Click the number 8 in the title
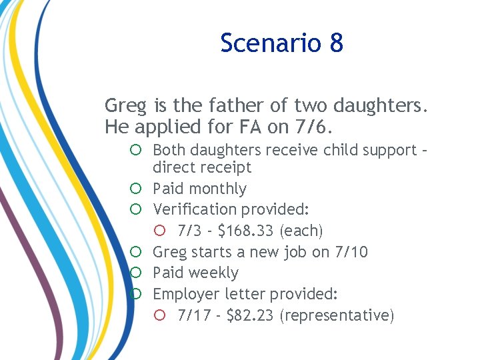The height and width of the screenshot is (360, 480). coord(336,43)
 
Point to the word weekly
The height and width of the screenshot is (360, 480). coord(215,273)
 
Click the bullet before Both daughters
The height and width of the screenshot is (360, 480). coord(135,150)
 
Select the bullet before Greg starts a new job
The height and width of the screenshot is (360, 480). coord(135,252)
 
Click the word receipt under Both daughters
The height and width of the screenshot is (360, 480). coord(227,168)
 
